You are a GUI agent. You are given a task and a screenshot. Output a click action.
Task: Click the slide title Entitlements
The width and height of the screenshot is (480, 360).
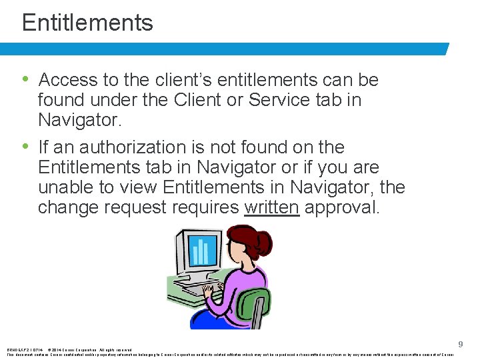tap(87, 23)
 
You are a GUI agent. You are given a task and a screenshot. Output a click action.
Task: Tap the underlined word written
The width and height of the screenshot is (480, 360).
tap(272, 207)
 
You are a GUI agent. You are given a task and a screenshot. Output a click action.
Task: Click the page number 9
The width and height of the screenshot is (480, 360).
tap(460, 344)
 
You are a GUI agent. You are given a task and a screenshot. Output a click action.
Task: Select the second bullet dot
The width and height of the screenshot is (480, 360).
tap(25, 146)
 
